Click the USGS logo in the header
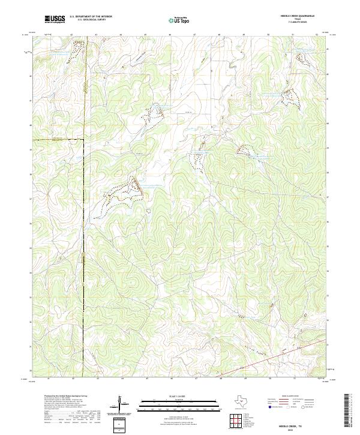pyautogui.click(x=55, y=19)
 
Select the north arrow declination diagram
pyautogui.click(x=119, y=403)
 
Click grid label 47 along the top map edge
pyautogui.click(x=195, y=35)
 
